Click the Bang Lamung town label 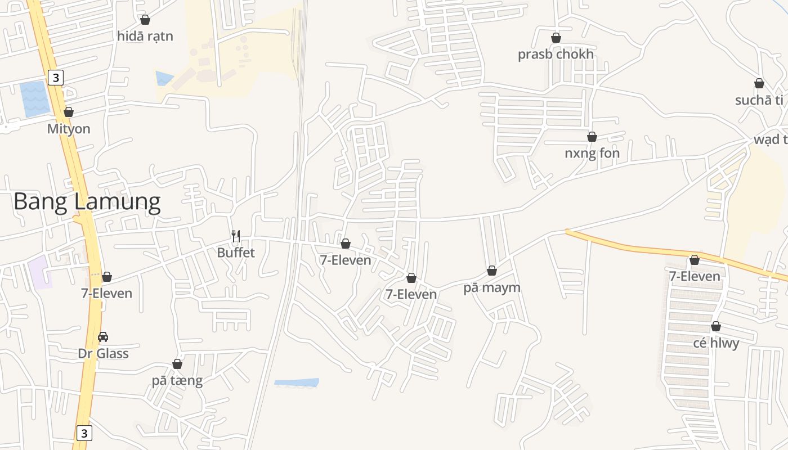[87, 201]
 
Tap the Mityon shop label [69, 129]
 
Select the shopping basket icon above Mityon [69, 112]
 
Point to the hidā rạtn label [145, 37]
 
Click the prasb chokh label [556, 55]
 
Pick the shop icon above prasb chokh [556, 38]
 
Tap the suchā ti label [759, 101]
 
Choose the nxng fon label [592, 154]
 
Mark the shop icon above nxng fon [592, 137]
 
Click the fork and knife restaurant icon [236, 236]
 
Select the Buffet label [236, 253]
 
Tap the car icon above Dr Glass [103, 337]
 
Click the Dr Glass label [103, 354]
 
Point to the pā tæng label [177, 381]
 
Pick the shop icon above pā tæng [177, 364]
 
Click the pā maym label [491, 288]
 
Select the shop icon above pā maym [492, 271]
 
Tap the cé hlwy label [716, 343]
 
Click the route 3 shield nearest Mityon [55, 78]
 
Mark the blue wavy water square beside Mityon [35, 98]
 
